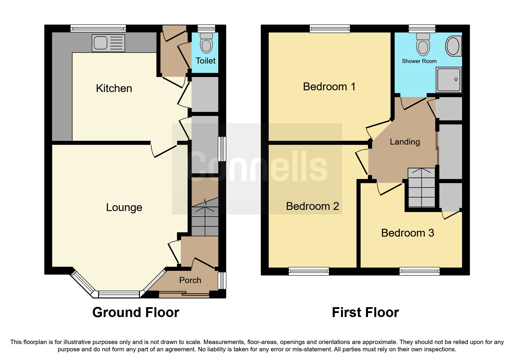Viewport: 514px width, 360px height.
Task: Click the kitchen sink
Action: click(x=109, y=43)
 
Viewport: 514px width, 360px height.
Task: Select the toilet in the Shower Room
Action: click(x=423, y=44)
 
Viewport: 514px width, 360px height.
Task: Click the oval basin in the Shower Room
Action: click(x=453, y=46)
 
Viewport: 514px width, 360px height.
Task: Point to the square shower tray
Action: click(x=449, y=80)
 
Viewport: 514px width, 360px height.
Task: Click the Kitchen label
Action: click(x=114, y=88)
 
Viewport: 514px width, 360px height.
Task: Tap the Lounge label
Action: click(x=124, y=208)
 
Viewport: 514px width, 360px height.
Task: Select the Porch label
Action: click(x=190, y=280)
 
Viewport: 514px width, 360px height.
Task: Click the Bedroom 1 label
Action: click(x=329, y=87)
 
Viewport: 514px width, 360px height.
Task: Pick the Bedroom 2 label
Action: click(x=313, y=206)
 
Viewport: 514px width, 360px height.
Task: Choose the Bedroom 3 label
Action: click(x=407, y=233)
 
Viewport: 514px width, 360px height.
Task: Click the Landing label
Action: click(x=405, y=142)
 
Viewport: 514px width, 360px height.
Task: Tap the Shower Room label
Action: click(x=419, y=61)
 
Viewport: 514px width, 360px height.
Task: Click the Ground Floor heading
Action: click(x=136, y=312)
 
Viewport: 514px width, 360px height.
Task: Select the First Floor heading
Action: click(x=365, y=312)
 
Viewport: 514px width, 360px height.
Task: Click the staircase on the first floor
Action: click(x=421, y=188)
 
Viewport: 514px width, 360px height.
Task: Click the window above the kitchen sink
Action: click(x=98, y=28)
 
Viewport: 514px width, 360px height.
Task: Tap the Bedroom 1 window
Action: click(x=330, y=28)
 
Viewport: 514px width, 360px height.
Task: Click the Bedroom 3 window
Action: click(x=419, y=271)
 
